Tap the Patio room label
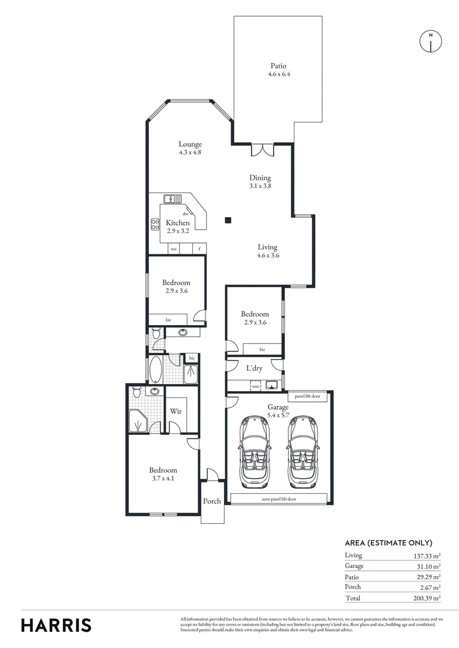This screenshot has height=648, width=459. [278, 66]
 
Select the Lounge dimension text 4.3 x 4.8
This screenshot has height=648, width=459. [190, 152]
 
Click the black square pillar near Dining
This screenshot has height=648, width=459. [228, 220]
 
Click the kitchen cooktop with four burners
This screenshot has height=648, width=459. [154, 225]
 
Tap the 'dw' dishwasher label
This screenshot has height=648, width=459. [186, 214]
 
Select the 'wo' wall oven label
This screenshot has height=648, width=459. [174, 248]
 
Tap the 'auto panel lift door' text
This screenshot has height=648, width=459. [279, 499]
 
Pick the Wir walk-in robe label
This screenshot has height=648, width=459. [176, 412]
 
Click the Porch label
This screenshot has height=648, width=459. [212, 501]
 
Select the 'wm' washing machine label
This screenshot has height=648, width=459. [255, 386]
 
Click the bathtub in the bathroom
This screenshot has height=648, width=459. [155, 370]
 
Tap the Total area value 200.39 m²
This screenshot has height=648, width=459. [423, 598]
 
